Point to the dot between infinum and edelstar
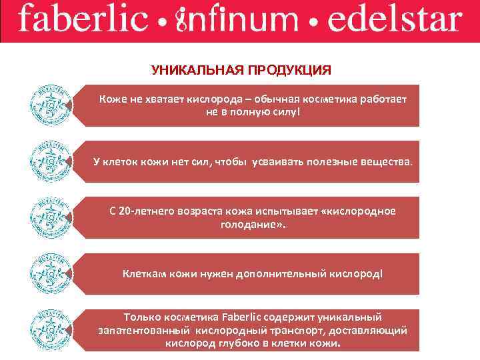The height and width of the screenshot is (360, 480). (315, 23)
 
